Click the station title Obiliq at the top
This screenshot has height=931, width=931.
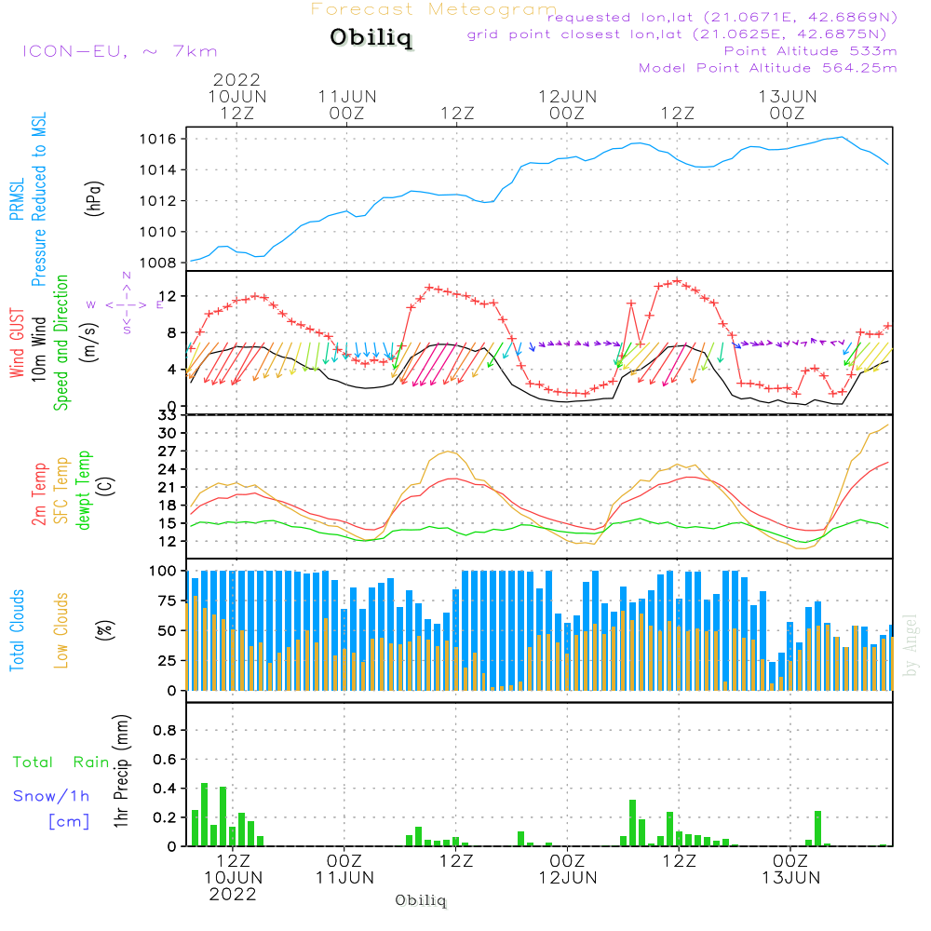pyautogui.click(x=371, y=39)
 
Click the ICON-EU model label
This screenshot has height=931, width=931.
pyautogui.click(x=119, y=51)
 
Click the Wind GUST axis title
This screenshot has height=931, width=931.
pyautogui.click(x=17, y=344)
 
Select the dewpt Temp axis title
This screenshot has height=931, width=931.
pyautogui.click(x=84, y=491)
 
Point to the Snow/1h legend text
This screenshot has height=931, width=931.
pyautogui.click(x=51, y=796)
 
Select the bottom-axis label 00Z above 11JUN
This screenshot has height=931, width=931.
pyautogui.click(x=344, y=862)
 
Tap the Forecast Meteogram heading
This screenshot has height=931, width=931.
pyautogui.click(x=434, y=9)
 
